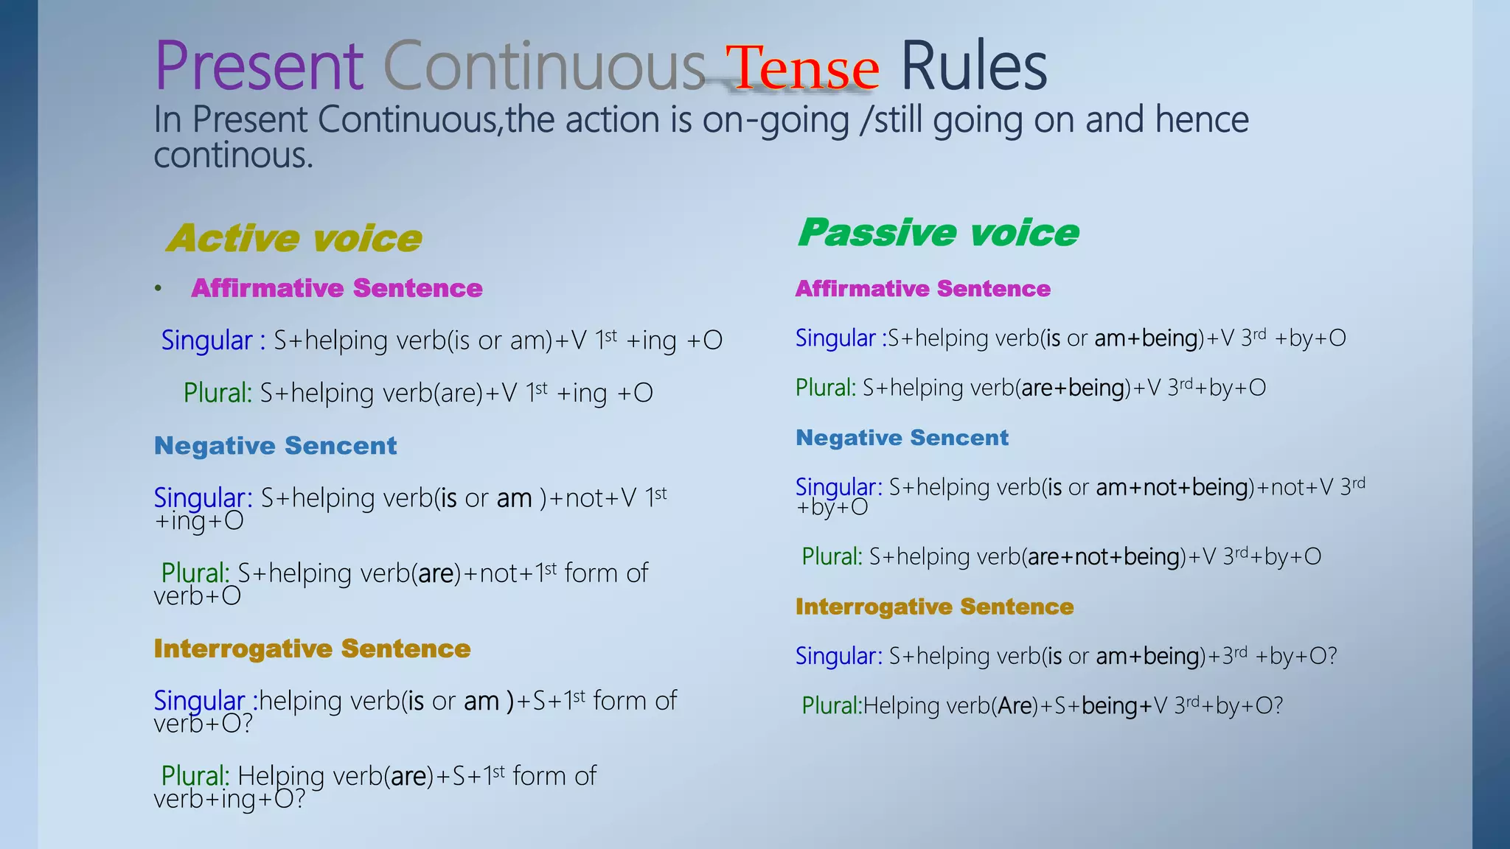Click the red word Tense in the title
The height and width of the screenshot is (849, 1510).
[x=802, y=68]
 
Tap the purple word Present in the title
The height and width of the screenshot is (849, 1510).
[x=259, y=66]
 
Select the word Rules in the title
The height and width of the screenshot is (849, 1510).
[x=973, y=66]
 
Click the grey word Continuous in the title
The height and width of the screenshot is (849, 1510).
[x=544, y=66]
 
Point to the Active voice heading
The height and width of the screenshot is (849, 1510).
[x=294, y=238]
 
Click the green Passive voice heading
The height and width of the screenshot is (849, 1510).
[x=938, y=232]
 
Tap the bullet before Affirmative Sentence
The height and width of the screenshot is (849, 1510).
[x=158, y=288]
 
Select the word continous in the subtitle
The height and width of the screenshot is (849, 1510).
[x=233, y=156]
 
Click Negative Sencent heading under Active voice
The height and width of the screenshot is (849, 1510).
[x=275, y=445]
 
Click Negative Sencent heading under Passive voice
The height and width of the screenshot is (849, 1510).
[x=902, y=437]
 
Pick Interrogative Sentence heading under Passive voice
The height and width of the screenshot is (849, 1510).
[x=934, y=606]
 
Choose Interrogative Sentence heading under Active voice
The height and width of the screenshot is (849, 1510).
[x=312, y=648]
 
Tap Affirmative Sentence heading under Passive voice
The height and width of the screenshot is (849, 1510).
[x=922, y=288]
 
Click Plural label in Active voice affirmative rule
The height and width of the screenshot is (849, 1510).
[x=218, y=393]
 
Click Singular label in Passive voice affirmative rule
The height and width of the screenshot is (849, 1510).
[x=835, y=338]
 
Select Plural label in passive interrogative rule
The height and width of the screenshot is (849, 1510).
[x=831, y=705]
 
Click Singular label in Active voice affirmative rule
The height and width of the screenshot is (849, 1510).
[x=207, y=340]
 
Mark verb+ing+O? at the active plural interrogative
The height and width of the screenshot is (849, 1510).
[x=229, y=799]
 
